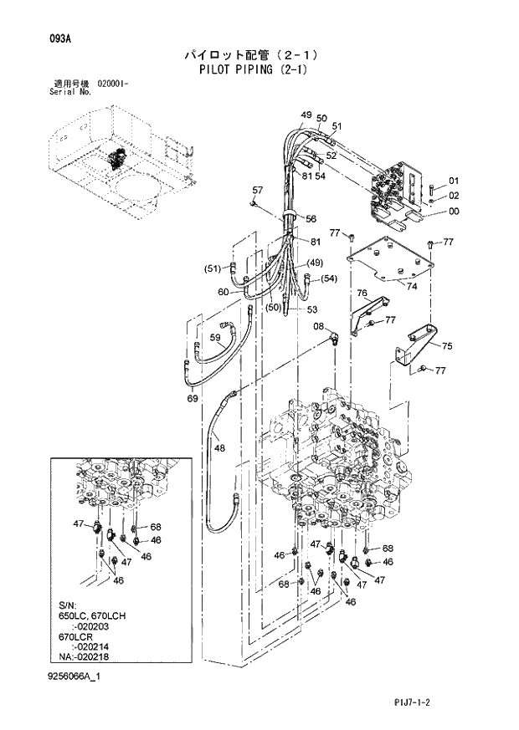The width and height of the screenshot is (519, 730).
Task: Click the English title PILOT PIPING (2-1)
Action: [254, 69]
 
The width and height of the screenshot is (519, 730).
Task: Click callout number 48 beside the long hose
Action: [219, 448]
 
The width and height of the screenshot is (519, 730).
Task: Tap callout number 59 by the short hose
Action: [215, 339]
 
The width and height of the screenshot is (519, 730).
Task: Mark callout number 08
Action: [319, 325]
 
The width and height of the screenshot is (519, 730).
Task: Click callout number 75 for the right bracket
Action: [446, 346]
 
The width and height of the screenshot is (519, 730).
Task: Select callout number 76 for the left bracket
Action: [362, 293]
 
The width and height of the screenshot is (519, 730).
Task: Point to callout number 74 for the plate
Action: [411, 286]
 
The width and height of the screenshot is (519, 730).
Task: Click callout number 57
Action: [257, 190]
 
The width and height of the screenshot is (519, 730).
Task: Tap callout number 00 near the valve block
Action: [454, 212]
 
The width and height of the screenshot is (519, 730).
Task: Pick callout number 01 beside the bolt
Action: [454, 181]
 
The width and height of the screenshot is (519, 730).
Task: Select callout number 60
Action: [224, 292]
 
